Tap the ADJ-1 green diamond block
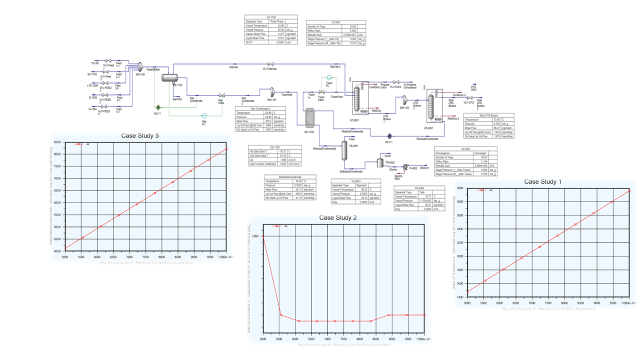tap(158, 107)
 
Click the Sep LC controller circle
tap(204, 116)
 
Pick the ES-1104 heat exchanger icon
tap(308, 118)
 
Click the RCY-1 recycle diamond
tap(389, 135)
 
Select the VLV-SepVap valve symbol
tap(270, 64)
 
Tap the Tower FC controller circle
tap(329, 77)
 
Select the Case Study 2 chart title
tap(338, 217)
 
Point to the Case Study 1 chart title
tap(542, 181)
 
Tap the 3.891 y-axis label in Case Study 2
tap(255, 236)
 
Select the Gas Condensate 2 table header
tap(260, 108)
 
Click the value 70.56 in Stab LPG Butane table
tap(496, 119)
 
